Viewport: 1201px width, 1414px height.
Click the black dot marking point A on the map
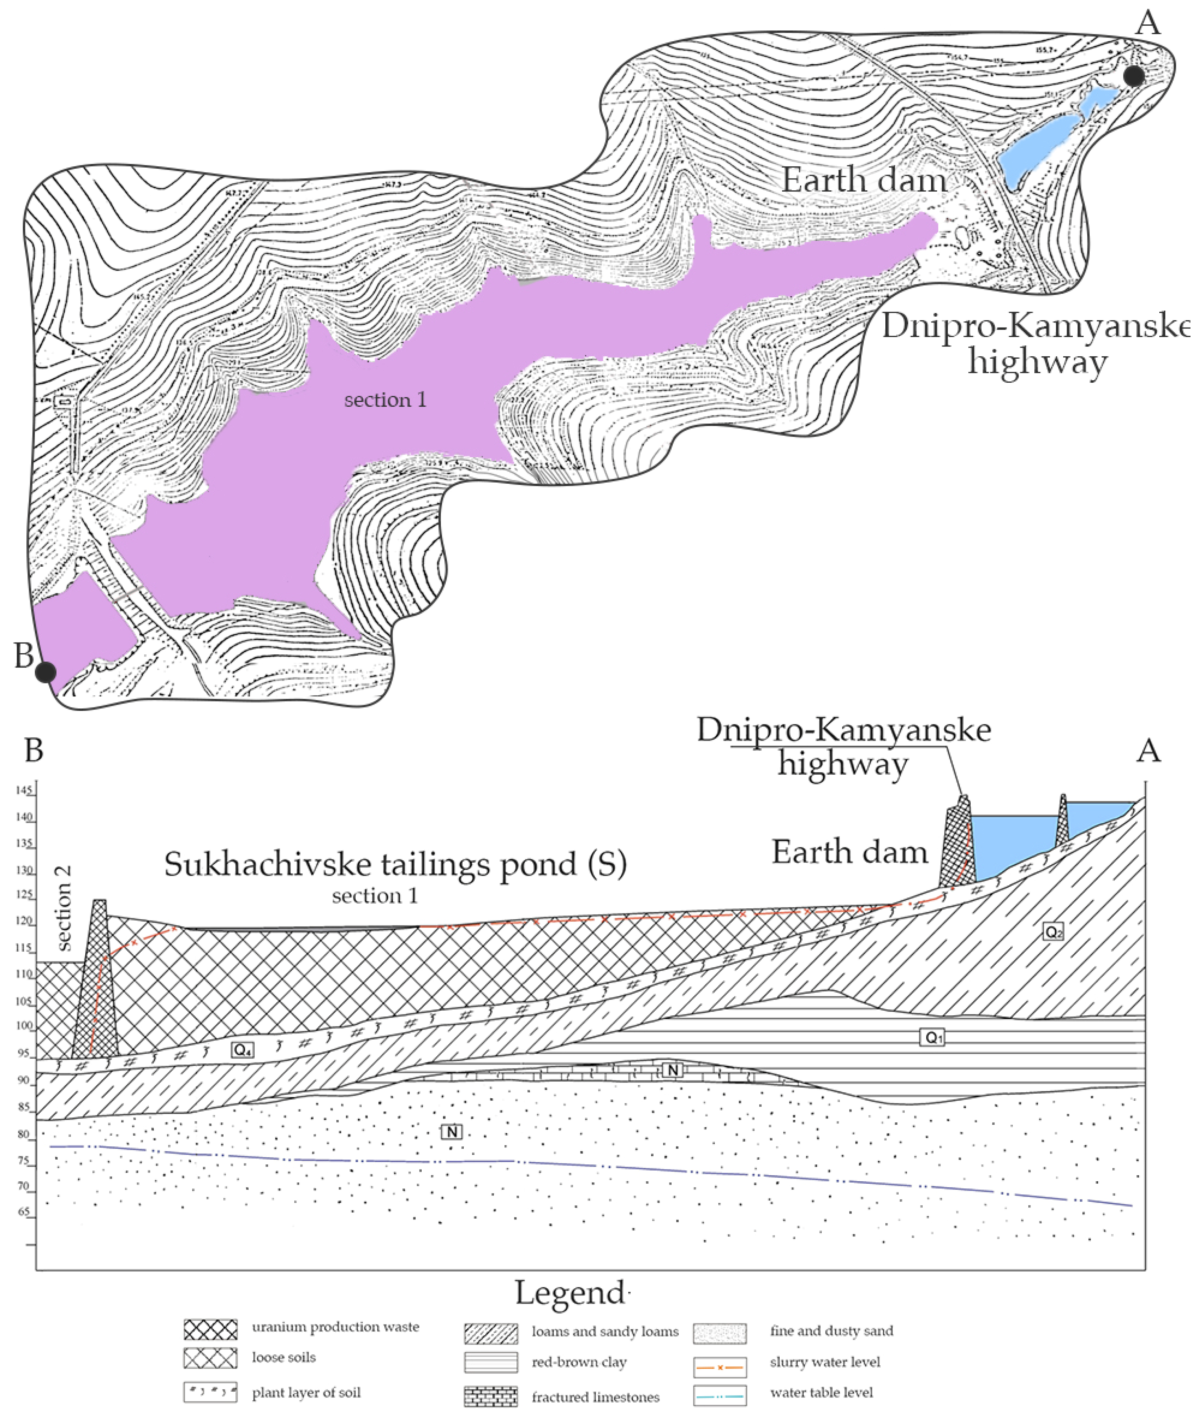pos(1134,76)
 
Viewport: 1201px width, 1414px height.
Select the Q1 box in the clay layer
pos(932,1037)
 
